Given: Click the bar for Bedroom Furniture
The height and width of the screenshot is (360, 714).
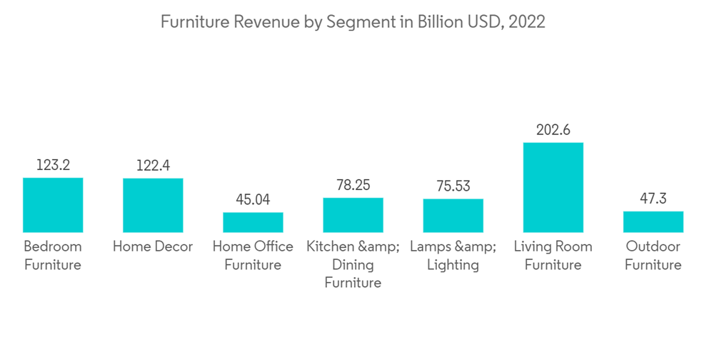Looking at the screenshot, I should point(53,205).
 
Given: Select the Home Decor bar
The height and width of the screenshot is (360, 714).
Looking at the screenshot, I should point(153,205).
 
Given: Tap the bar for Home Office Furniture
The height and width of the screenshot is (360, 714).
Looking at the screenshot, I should point(253,222).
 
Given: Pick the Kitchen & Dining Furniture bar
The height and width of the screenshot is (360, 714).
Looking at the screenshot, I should point(353,215).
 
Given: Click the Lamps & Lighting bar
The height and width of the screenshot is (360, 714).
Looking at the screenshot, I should point(453,216).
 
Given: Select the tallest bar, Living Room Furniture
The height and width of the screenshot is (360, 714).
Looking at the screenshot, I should point(553,187).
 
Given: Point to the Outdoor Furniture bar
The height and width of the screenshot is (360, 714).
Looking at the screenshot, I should point(653,221).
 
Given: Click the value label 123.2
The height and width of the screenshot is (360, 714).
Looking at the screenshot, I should point(53,165).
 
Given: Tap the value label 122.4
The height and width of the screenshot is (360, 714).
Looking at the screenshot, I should point(153,166).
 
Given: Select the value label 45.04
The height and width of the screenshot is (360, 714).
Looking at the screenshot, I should point(253,199).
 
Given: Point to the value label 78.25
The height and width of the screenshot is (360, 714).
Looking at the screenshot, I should point(353,185).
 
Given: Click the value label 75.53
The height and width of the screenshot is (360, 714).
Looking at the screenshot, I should point(453,186).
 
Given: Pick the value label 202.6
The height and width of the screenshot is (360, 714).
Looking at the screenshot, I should point(553,130).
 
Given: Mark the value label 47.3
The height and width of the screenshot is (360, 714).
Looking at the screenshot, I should point(653,199).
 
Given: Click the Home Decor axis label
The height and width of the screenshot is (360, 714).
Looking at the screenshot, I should point(153,246).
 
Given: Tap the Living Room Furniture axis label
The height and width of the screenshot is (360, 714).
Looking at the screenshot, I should point(553,256).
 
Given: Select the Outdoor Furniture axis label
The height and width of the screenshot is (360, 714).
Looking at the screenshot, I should point(653,256).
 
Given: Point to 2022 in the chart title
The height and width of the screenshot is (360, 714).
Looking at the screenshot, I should point(528,22).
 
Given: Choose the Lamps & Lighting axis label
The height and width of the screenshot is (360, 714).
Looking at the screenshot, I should point(453,256).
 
